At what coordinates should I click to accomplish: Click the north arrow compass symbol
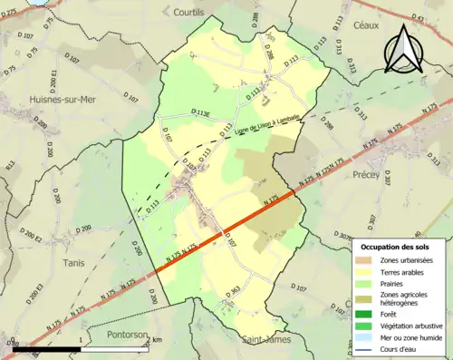point(401,47)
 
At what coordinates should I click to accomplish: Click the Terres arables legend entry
point(392,271)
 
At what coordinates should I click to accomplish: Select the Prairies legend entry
point(383,282)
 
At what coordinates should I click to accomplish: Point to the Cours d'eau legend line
point(367,345)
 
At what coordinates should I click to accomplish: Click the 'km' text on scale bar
point(158,339)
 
